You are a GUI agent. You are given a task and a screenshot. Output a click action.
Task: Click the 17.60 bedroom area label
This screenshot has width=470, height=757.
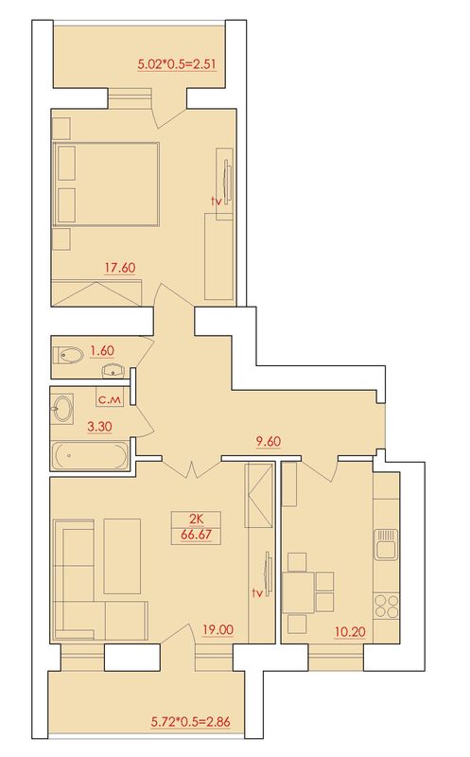tap(120, 268)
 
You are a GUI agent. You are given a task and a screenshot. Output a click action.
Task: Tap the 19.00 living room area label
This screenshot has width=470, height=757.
tap(218, 629)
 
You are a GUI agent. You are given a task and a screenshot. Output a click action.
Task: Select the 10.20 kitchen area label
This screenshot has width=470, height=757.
tap(350, 631)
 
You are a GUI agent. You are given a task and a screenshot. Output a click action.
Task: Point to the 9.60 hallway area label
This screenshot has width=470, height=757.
tap(269, 441)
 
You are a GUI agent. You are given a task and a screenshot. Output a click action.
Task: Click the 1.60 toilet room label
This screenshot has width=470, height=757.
tap(102, 351)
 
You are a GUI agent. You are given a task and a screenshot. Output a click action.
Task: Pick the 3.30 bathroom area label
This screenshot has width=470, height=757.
tap(99, 427)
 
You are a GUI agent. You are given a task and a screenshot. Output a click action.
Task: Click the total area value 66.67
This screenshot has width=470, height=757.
tap(196, 536)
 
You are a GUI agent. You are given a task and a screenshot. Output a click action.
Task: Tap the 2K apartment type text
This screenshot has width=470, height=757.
tap(196, 519)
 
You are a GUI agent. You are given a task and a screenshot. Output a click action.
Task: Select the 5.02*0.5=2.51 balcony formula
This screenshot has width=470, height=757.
tap(177, 64)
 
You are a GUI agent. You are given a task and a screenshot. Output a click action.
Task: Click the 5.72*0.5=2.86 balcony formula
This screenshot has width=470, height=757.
tap(191, 722)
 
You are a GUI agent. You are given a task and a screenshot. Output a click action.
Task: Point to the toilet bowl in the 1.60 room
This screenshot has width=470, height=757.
tap(68, 356)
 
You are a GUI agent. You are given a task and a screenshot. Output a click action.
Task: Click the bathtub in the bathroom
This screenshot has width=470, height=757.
tap(90, 455)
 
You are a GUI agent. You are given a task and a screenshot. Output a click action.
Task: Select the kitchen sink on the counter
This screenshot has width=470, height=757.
tap(386, 544)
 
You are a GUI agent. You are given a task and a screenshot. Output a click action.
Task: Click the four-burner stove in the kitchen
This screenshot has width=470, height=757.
tap(387, 606)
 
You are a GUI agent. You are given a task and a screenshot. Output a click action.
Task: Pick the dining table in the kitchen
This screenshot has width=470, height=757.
tap(298, 593)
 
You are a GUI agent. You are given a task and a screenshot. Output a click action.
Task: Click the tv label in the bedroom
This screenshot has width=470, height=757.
tap(217, 202)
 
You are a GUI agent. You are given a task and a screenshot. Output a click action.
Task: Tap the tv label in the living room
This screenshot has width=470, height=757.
tap(257, 593)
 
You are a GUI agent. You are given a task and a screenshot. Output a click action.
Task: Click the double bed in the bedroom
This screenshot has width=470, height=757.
tap(106, 184)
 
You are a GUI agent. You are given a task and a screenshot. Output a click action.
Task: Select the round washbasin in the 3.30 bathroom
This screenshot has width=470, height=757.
tap(61, 409)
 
